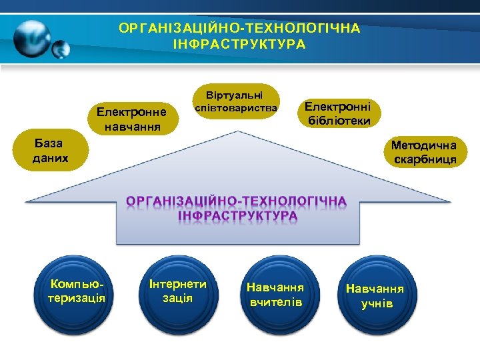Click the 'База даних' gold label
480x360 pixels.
tap(49, 153)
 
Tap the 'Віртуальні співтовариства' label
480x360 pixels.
tap(237, 101)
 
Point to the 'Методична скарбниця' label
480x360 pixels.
tap(424, 153)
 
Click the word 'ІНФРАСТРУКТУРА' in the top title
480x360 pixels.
tap(239, 45)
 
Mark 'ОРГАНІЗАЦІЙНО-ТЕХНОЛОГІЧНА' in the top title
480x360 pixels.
tap(239, 29)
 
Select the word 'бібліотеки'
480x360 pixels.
tap(339, 121)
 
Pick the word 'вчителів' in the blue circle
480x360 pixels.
tap(276, 303)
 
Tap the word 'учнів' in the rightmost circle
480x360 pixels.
tap(377, 305)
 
